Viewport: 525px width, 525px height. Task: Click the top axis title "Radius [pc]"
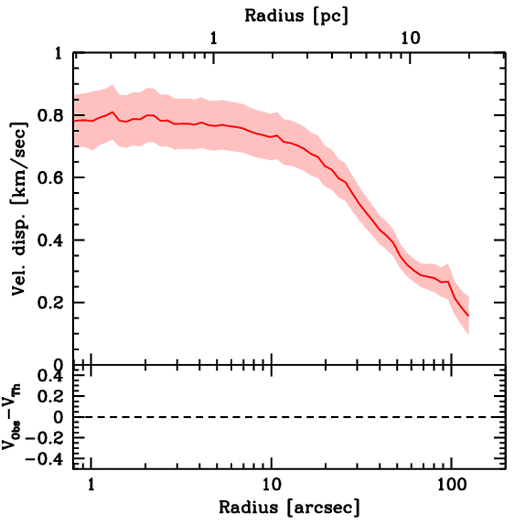[x=296, y=15]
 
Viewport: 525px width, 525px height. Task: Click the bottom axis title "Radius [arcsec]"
[x=290, y=508]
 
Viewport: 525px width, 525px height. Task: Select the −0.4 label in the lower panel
[x=47, y=459]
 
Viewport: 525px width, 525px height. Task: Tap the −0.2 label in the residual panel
[x=47, y=438]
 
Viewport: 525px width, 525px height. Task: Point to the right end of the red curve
[x=468, y=316]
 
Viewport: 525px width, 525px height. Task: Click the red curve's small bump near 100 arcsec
[x=448, y=281]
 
